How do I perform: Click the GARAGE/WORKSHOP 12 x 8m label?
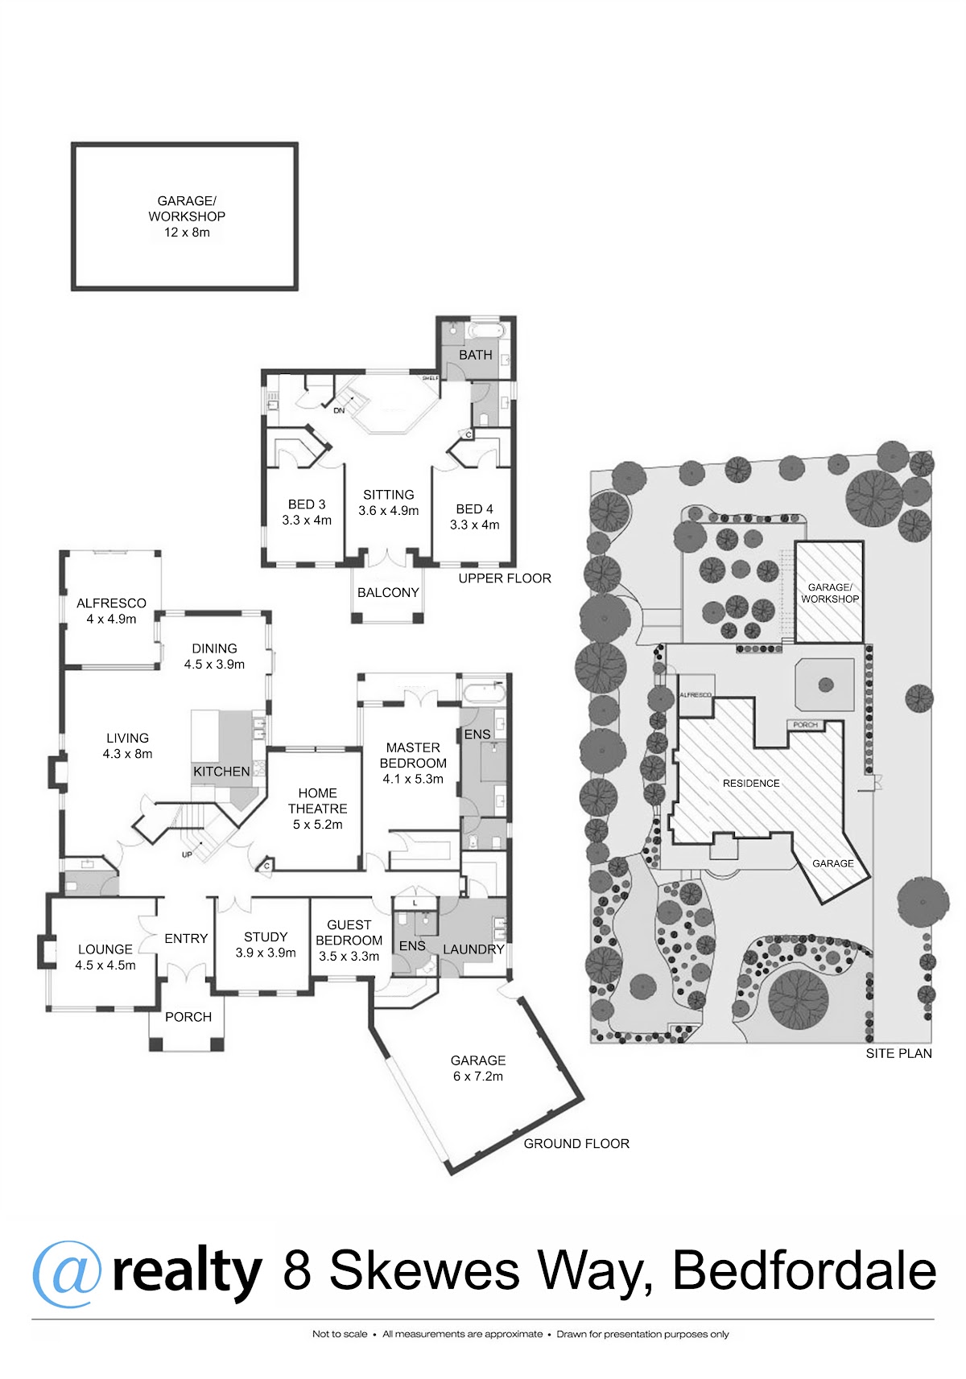(x=187, y=216)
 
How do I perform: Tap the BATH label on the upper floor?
(x=475, y=355)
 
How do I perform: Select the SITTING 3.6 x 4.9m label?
(x=389, y=503)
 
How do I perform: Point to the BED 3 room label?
(x=307, y=512)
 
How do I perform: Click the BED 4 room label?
(x=474, y=517)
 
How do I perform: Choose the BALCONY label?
(x=388, y=593)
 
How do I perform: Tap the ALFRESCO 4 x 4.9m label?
(x=111, y=611)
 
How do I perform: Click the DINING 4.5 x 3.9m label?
(x=214, y=657)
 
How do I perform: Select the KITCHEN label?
(x=221, y=772)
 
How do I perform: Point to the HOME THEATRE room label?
(x=318, y=809)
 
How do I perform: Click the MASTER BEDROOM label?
(x=413, y=763)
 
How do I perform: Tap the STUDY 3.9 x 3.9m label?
(x=266, y=945)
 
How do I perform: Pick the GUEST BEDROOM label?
(x=349, y=941)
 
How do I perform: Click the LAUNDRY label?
(x=473, y=949)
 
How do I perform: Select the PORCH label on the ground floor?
(x=188, y=1017)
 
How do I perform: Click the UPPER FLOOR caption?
(x=505, y=578)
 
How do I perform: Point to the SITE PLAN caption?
(x=898, y=1053)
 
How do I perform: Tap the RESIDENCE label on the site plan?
(x=751, y=783)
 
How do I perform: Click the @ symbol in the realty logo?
(x=67, y=1274)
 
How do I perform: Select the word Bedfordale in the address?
(x=804, y=1271)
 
